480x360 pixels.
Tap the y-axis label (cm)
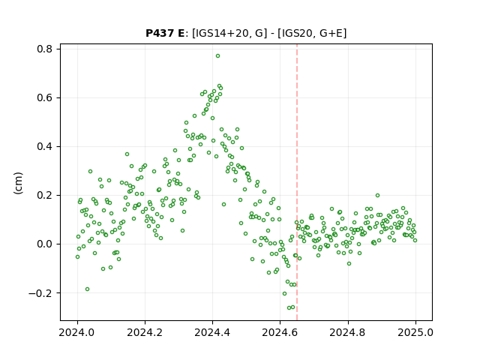tap(18, 183)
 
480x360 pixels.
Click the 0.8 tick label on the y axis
tap(45, 49)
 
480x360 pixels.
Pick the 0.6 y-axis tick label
tap(45, 98)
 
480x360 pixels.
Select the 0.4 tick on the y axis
tap(45, 147)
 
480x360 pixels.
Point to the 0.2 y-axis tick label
tap(45, 195)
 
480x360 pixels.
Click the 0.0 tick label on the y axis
tap(45, 244)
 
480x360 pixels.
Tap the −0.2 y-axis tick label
tap(41, 293)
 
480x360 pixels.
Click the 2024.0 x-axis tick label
tap(77, 332)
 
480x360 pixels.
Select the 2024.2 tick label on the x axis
tap(145, 332)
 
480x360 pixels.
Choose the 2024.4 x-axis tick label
tap(212, 332)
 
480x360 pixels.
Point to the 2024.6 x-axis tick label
tap(280, 332)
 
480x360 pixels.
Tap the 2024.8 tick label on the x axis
tap(348, 332)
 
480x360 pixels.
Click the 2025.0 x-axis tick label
tap(415, 332)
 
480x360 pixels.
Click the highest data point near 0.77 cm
tap(217, 56)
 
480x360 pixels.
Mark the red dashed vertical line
tap(297, 182)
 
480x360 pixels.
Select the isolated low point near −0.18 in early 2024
tap(87, 289)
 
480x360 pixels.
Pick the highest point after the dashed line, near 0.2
tap(377, 195)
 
